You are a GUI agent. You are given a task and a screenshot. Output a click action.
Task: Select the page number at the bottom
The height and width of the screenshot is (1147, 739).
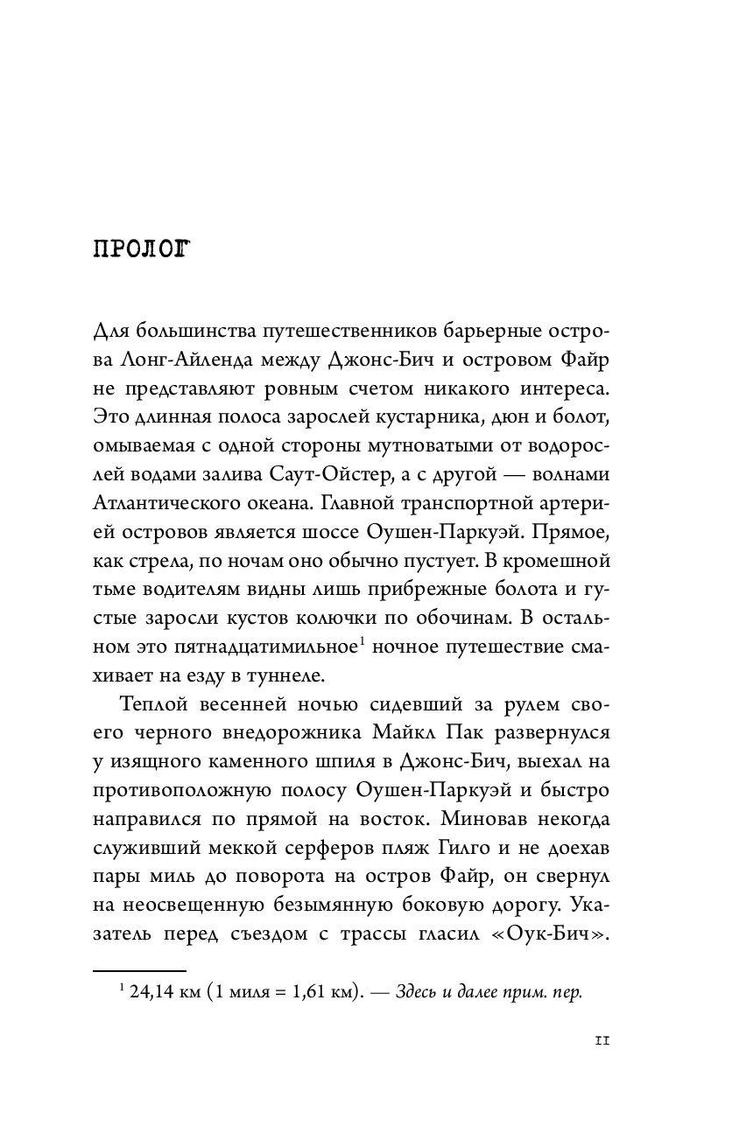pyautogui.click(x=601, y=1041)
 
